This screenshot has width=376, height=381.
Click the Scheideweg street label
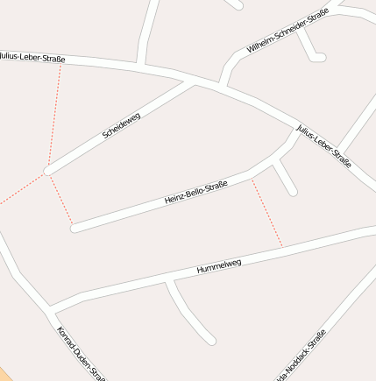pos(121,123)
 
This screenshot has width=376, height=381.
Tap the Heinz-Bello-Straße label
pos(195,193)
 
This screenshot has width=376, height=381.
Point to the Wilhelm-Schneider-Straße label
pos(287,32)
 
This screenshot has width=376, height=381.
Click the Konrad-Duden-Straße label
pos(81,353)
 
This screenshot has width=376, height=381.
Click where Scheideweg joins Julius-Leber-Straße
pos(192,81)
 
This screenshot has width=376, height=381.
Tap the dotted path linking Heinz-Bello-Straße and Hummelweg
pos(267,213)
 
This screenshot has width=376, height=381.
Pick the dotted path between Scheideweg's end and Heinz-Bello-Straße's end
pos(60,200)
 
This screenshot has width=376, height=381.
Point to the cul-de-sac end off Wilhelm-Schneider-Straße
pos(321,58)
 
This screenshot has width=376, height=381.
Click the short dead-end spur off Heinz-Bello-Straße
pos(286,180)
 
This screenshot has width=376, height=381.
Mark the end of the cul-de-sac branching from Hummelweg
pos(210,340)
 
